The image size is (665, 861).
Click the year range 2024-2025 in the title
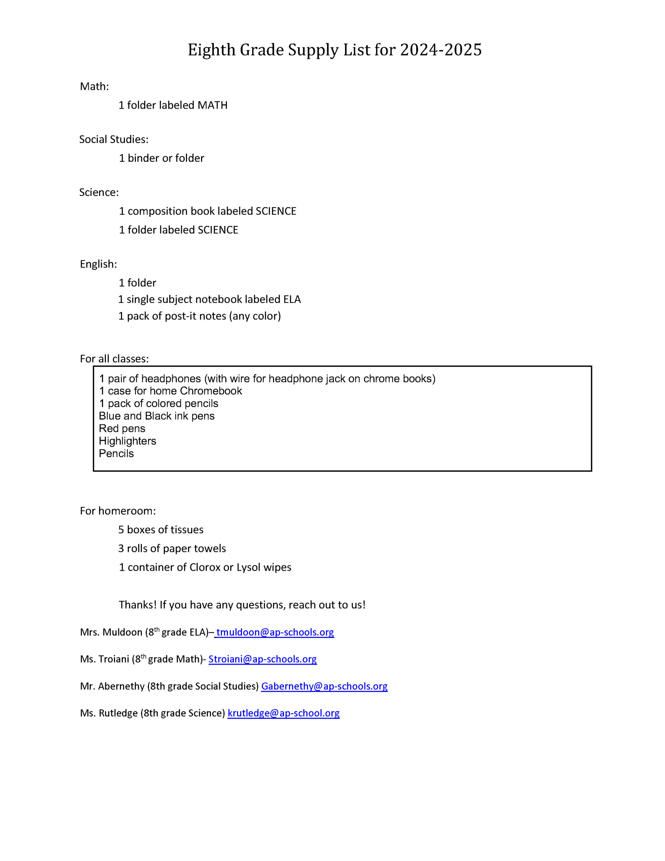click(x=440, y=50)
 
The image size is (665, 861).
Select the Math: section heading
click(x=94, y=86)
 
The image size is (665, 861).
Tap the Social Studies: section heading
click(x=114, y=139)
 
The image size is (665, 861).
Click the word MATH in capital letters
click(x=212, y=105)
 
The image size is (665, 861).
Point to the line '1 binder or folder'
click(x=161, y=158)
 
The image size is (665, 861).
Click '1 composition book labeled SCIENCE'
click(x=207, y=211)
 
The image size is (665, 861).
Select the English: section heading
click(x=98, y=264)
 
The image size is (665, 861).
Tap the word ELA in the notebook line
click(x=292, y=299)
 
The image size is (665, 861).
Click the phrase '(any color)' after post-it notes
click(x=255, y=316)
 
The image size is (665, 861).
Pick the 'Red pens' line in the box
click(x=122, y=428)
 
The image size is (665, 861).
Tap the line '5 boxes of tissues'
click(x=161, y=529)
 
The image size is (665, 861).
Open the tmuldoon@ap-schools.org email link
click(x=275, y=632)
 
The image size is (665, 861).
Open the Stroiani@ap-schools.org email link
click(x=263, y=659)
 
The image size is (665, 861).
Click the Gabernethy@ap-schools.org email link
click(x=324, y=686)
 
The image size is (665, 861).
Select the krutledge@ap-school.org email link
click(x=283, y=713)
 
